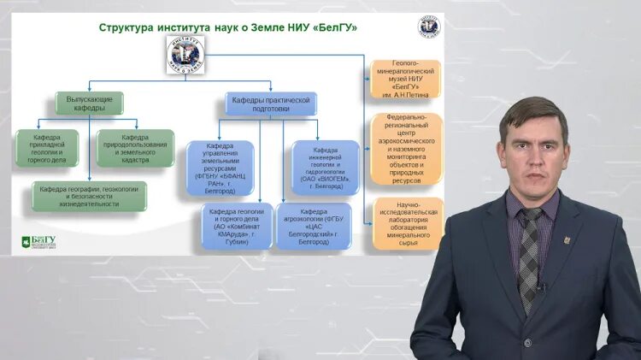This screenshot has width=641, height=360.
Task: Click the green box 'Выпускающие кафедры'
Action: coord(90,104)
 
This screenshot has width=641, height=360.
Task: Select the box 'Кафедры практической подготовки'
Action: coord(270,104)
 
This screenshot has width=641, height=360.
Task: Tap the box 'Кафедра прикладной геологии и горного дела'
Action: coord(47,147)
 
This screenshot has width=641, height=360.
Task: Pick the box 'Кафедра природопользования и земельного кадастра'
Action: coord(135,147)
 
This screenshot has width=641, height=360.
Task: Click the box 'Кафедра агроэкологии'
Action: coord(314,225)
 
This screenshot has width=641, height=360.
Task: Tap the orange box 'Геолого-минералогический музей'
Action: coord(406,80)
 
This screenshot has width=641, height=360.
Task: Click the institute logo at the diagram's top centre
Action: coord(185,54)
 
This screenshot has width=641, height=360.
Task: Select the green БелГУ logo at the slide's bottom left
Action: coord(38,243)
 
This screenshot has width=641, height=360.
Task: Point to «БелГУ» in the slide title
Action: coord(335,27)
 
